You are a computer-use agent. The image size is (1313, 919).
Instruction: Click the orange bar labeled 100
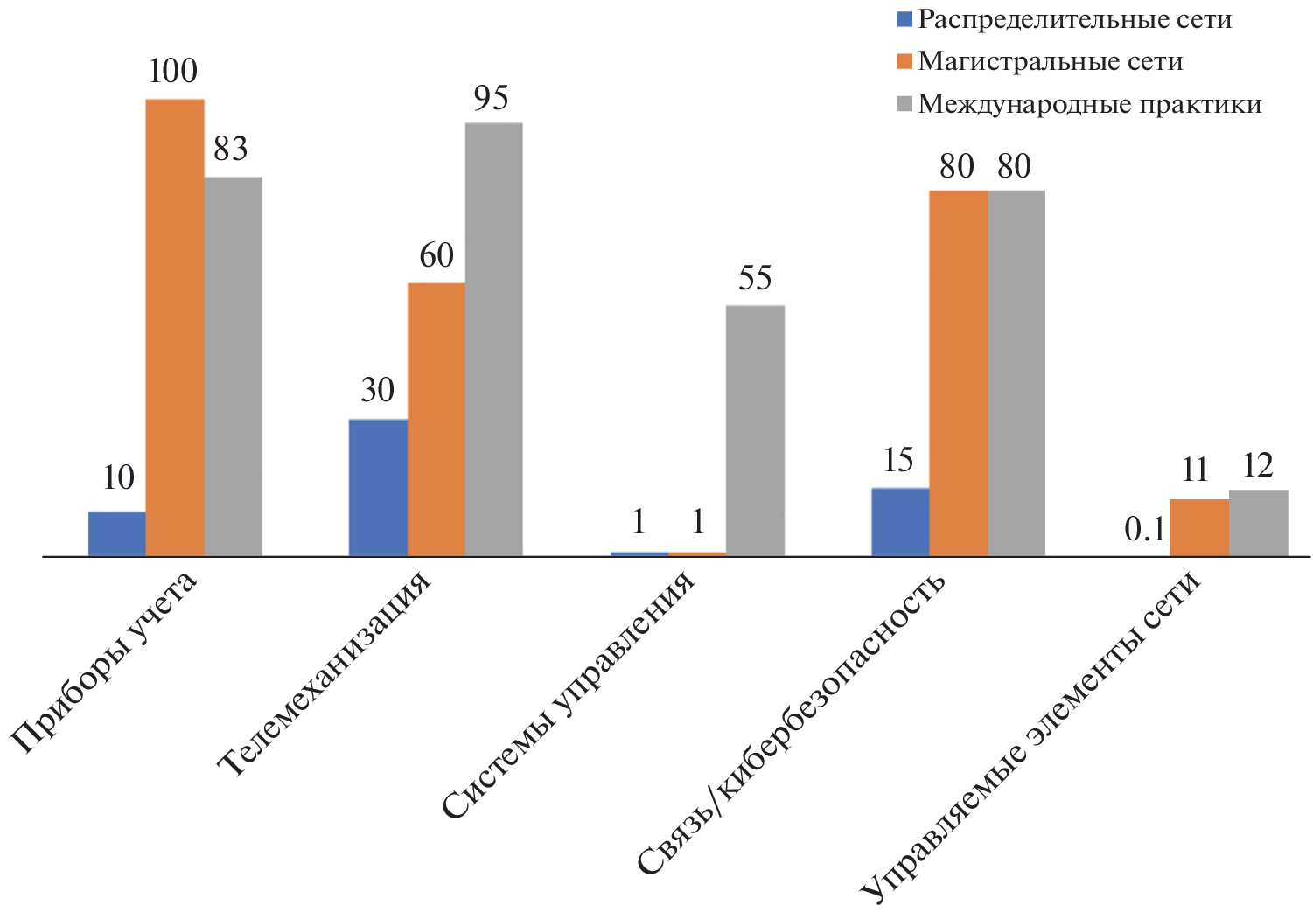(x=175, y=328)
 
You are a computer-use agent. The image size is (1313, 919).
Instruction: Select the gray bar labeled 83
(x=233, y=366)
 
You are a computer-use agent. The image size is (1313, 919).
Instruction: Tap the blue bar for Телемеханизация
(x=378, y=488)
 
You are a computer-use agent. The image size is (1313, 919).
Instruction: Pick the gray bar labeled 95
(x=493, y=339)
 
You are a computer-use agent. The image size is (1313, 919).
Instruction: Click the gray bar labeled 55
(x=755, y=430)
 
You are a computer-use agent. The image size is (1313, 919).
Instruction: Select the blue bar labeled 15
(x=900, y=522)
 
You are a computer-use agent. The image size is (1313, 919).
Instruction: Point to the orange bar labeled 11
(x=1199, y=527)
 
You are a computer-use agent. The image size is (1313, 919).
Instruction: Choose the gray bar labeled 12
(x=1258, y=523)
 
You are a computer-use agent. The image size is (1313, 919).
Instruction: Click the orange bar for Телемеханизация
(x=436, y=420)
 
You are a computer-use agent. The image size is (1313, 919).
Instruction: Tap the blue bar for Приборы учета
(x=117, y=533)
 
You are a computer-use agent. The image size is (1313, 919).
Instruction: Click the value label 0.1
(x=1145, y=529)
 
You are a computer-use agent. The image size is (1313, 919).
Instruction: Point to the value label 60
(x=437, y=255)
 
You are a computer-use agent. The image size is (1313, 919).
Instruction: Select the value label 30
(x=378, y=390)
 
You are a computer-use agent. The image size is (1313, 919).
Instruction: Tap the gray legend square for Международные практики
(x=904, y=104)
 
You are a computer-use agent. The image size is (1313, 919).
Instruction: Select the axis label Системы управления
(x=569, y=695)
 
